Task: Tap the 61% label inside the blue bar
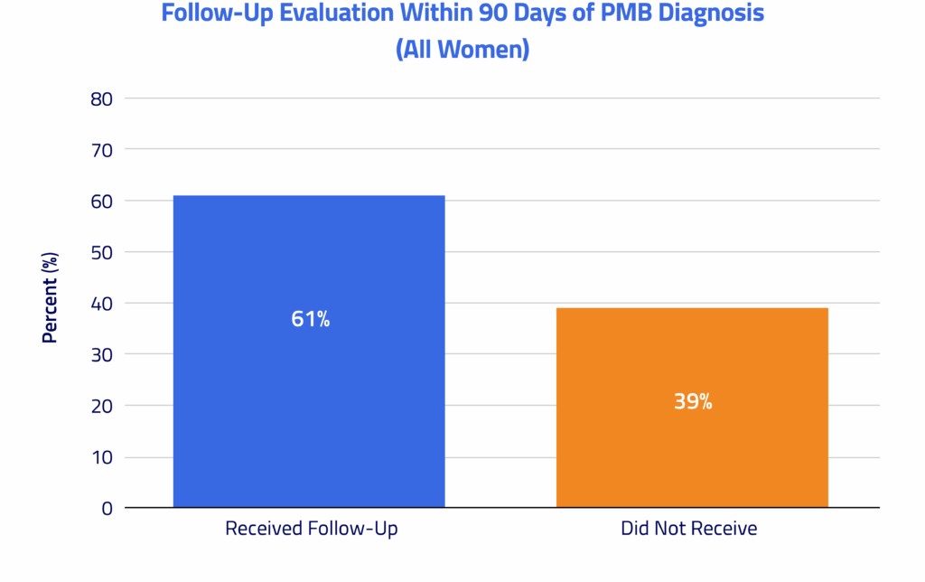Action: click(x=310, y=319)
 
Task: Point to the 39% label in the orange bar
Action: click(x=693, y=402)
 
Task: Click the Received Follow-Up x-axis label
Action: click(x=311, y=528)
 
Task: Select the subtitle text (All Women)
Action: click(x=462, y=49)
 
